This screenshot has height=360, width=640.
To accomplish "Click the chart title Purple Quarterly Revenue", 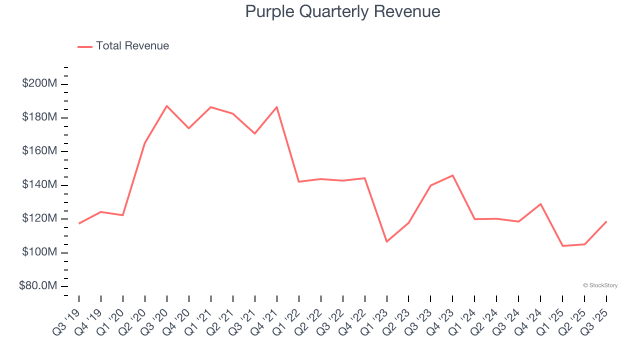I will tap(342, 11).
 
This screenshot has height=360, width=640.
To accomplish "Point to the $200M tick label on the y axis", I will tap(39, 83).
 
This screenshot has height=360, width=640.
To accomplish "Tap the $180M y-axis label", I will tap(39, 117).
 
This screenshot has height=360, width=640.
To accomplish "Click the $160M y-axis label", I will tap(39, 151).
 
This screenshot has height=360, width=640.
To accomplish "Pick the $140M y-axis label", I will tap(39, 185).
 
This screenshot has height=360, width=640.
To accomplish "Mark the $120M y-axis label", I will tap(39, 218).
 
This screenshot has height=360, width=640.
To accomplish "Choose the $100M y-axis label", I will tap(39, 252).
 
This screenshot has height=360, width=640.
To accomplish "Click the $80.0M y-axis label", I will tap(37, 286).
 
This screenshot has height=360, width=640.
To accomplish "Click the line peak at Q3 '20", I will tap(166, 106).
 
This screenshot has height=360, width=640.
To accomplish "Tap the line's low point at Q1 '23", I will tap(386, 241).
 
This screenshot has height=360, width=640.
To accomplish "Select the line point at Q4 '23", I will tap(452, 175).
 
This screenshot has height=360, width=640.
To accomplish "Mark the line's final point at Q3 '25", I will tap(606, 221).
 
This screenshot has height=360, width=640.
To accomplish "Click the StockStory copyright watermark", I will tap(600, 285).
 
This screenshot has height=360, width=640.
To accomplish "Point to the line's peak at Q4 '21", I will tap(276, 107).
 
